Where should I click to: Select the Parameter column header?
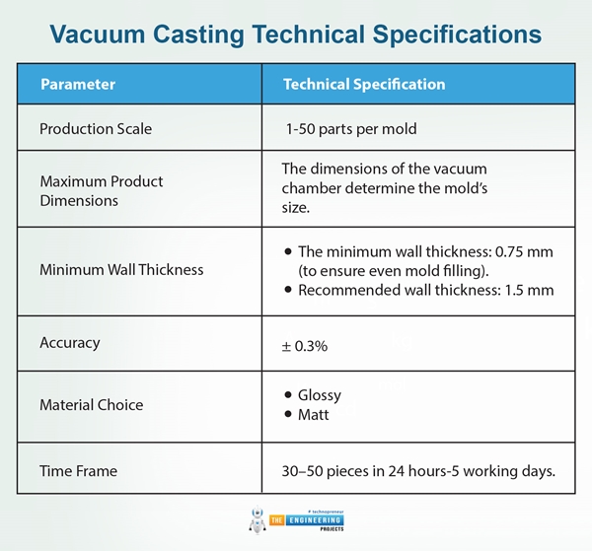[x=78, y=84]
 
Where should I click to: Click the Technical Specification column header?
[x=364, y=84]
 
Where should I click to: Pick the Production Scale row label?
[x=96, y=129]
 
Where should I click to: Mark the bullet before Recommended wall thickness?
[x=287, y=291]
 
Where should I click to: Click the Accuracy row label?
[x=69, y=343]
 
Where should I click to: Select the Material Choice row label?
[x=91, y=404]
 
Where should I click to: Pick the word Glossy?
[x=319, y=395]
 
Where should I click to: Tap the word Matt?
[x=314, y=414]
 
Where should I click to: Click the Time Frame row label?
[x=78, y=471]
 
